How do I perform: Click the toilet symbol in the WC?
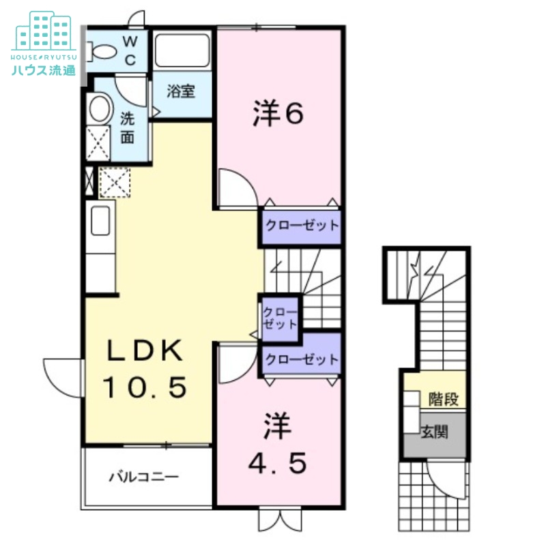click(x=104, y=50)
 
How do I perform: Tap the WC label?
click(x=130, y=50)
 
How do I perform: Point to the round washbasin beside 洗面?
click(x=101, y=108)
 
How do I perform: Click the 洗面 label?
click(x=128, y=127)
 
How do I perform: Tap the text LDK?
click(x=145, y=352)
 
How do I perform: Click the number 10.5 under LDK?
click(x=145, y=389)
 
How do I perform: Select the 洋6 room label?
click(x=277, y=114)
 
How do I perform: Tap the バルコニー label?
click(x=144, y=477)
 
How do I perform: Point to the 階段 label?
click(x=443, y=397)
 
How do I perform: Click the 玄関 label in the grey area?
click(x=434, y=432)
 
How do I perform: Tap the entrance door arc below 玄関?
click(x=444, y=477)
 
